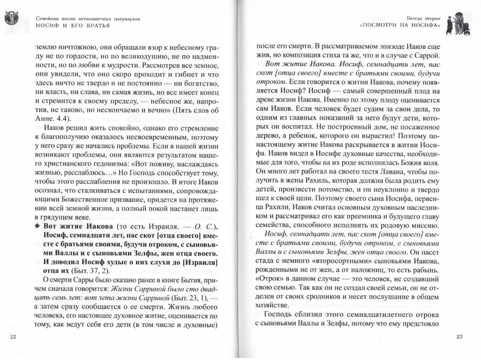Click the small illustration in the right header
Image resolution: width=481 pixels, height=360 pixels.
click(466, 21)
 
